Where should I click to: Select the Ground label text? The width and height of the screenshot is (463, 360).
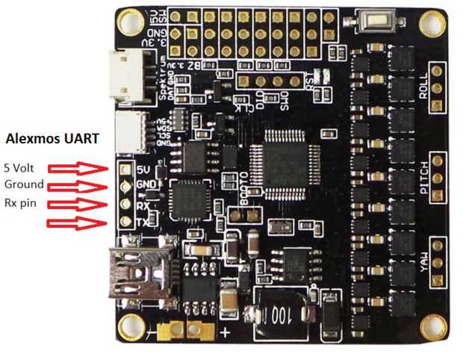[x=24, y=184]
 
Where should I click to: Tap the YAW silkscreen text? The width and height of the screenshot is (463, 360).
[x=424, y=267]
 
